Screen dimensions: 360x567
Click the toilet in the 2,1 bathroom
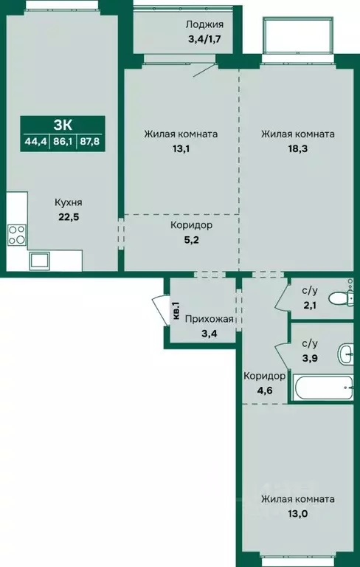pyautogui.click(x=342, y=298)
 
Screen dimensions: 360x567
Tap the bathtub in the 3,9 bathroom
pyautogui.click(x=323, y=388)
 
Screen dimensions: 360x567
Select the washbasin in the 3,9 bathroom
pyautogui.click(x=345, y=354)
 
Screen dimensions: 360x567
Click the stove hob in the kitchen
pyautogui.click(x=17, y=235)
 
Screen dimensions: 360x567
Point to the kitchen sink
pyautogui.click(x=41, y=260)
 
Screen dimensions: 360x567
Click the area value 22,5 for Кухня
pyautogui.click(x=69, y=219)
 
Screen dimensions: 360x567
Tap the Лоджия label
pyautogui.click(x=204, y=24)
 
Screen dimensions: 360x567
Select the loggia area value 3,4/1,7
pyautogui.click(x=204, y=39)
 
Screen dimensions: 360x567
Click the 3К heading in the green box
pyautogui.click(x=63, y=126)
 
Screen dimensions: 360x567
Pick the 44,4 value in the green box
pyautogui.click(x=36, y=142)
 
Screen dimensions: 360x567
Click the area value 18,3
pyautogui.click(x=298, y=149)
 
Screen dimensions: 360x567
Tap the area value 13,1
pyautogui.click(x=181, y=149)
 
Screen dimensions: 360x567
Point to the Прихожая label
pyautogui.click(x=210, y=319)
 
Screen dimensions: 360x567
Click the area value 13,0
pyautogui.click(x=298, y=514)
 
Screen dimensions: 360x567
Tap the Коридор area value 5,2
pyautogui.click(x=191, y=240)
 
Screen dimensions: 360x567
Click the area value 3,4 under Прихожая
pyautogui.click(x=210, y=334)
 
